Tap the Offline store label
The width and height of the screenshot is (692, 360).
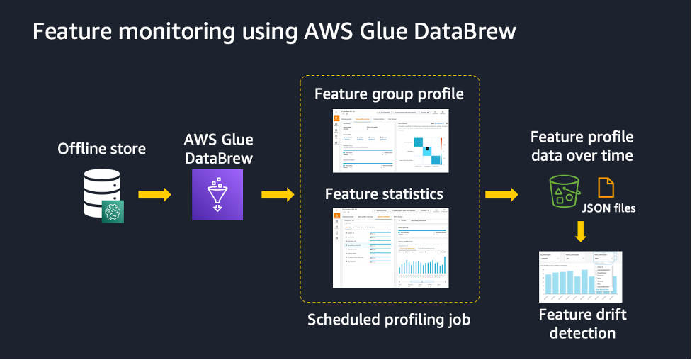pos(102,149)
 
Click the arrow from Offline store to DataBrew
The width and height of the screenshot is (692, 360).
pos(154,195)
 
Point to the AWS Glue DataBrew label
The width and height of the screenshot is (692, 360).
pos(217,149)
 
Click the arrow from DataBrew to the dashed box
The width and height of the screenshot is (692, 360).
pos(278,195)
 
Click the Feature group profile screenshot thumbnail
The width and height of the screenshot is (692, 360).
pos(391,141)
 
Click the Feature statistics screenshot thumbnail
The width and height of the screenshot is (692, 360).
pos(391,247)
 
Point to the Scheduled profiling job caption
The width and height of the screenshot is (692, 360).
pos(389,320)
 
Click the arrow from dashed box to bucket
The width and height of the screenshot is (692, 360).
pos(502,195)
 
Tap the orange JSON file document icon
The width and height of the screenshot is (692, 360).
pos(606,188)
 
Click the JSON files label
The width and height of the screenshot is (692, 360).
pos(609,208)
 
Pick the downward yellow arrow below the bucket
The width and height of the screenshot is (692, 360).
pos(581,232)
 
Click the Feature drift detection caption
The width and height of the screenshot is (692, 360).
pos(582,323)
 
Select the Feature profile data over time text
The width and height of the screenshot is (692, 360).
pos(582,146)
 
